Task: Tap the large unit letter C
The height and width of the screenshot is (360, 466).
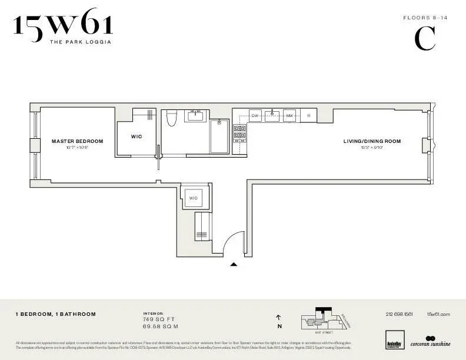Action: [425, 39]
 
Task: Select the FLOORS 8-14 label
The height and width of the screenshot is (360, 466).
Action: [425, 18]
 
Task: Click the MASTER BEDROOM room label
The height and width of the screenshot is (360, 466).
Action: [77, 141]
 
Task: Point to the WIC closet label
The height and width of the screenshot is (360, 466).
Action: [137, 136]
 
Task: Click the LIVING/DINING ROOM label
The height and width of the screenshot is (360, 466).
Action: [372, 141]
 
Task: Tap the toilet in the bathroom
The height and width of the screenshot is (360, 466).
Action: [172, 119]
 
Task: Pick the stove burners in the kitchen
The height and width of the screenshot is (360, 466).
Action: [239, 134]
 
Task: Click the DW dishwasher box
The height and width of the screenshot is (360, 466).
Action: [255, 116]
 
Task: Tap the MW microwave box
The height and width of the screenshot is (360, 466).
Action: [289, 116]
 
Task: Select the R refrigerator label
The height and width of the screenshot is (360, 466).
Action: [308, 116]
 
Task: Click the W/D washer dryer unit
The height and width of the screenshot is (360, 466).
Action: [194, 198]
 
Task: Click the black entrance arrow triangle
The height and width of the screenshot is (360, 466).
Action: [234, 265]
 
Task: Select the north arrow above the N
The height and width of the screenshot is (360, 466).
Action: [279, 317]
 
